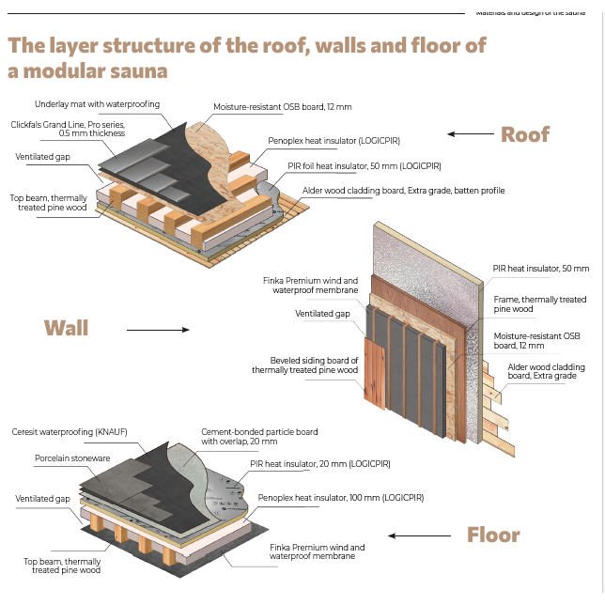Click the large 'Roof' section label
pyautogui.click(x=524, y=134)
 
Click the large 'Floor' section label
pyautogui.click(x=493, y=535)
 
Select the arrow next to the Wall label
pyautogui.click(x=157, y=330)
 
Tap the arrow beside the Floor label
pyautogui.click(x=414, y=536)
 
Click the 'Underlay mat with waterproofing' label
pyautogui.click(x=97, y=103)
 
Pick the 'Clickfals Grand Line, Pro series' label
pyautogui.click(x=68, y=129)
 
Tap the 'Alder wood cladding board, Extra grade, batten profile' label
pyautogui.click(x=403, y=191)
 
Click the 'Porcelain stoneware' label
pyautogui.click(x=73, y=459)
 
